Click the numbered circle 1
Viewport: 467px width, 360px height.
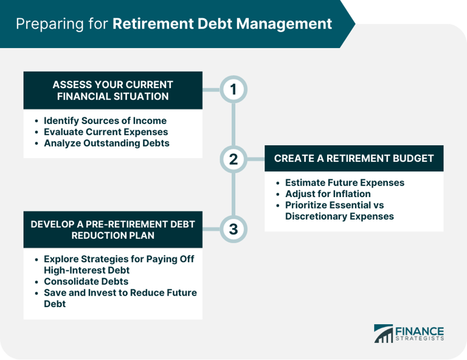pos(233,89)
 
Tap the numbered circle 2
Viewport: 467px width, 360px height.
pos(233,159)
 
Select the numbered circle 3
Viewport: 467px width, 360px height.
pos(233,229)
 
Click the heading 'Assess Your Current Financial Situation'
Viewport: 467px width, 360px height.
pos(112,90)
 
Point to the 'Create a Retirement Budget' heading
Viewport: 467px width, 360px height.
pos(354,158)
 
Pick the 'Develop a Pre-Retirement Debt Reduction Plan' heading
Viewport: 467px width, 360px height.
pos(112,229)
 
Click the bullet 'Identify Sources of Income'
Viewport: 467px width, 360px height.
pos(105,120)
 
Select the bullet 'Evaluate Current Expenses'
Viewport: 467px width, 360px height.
pos(106,132)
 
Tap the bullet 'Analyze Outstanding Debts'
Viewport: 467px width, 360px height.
pos(106,144)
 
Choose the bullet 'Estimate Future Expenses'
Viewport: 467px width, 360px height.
pos(345,182)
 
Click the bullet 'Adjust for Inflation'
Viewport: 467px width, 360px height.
pos(328,194)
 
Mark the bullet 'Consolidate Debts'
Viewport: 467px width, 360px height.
pos(85,282)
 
